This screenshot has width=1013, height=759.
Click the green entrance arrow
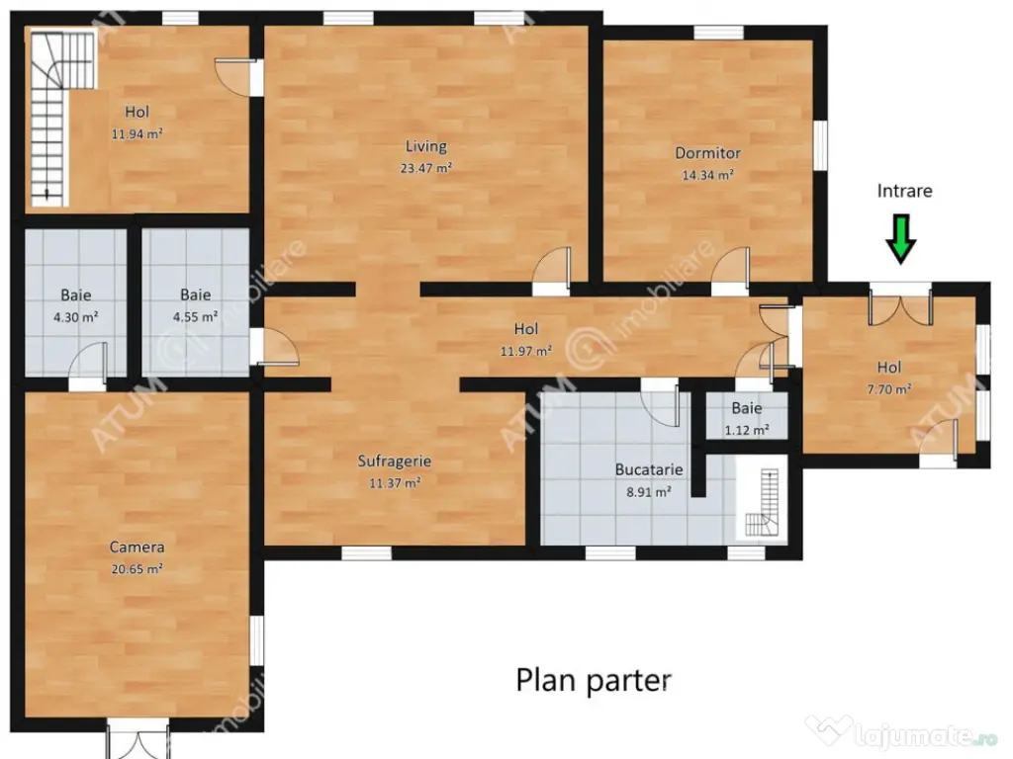coord(900,239)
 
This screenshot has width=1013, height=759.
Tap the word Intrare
coord(904,191)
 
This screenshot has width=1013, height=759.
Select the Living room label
coord(425,147)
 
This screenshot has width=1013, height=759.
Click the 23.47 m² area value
coord(425,168)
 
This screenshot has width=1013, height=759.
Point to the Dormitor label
coord(707,153)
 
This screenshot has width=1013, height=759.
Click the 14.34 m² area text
coord(707,175)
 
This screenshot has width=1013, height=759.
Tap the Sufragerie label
coord(394,462)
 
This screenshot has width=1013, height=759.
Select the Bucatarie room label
coord(649,469)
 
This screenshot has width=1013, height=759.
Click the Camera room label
coord(137,548)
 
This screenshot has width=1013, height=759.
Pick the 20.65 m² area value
coord(137,569)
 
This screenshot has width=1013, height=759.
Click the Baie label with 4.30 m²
coord(75,295)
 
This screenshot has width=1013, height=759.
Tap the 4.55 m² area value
coord(195,317)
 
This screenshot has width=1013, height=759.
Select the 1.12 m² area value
coord(747,430)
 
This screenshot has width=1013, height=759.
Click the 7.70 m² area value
coord(889,389)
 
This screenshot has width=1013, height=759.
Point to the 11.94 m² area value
coord(137,134)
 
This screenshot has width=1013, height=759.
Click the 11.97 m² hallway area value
coord(526,351)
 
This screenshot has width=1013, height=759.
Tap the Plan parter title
coord(594,681)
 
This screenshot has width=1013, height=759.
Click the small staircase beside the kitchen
coord(762,503)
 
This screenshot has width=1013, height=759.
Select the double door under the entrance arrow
coord(900,306)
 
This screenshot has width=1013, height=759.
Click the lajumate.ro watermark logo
coord(901,733)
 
